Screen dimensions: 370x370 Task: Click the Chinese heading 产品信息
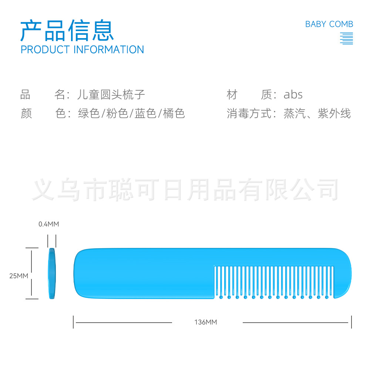pos(67,30)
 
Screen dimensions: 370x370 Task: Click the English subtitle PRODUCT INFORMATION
pos(83,50)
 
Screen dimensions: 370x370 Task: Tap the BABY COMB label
pos(329,24)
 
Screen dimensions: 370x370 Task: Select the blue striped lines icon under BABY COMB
pos(346,38)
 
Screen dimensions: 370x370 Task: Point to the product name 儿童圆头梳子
pos(111,94)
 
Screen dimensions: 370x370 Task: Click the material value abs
pos(293,95)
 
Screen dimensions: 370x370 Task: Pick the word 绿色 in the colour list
pos(89,113)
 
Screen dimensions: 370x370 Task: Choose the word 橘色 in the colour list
pos(174,113)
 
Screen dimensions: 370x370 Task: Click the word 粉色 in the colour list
pos(117,113)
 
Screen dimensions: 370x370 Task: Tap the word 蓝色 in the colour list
pos(145,113)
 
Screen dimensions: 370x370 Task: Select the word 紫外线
pos(334,113)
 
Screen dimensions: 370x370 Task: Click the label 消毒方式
pos(249,113)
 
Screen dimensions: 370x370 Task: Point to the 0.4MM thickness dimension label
pos(48,224)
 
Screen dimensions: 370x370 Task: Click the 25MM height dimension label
pos(18,276)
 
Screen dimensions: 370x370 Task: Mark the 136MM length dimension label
pos(205,322)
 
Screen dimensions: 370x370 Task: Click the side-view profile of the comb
pos(52,273)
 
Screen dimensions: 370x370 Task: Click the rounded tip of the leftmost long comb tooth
pos(221,297)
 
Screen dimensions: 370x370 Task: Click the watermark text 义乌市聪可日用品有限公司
pos(185,190)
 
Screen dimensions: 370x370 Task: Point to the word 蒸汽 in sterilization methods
pos(295,113)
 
